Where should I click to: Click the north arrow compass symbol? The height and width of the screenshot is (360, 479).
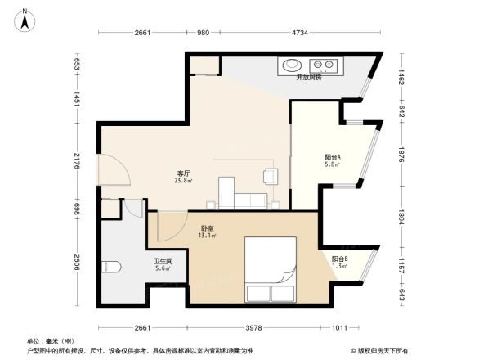26,19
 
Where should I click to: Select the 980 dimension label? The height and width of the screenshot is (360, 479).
204,33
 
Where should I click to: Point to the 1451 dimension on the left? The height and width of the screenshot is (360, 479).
77,98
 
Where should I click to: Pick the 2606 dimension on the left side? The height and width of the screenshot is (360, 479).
77,261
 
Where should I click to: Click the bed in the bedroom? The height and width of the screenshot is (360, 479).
271,270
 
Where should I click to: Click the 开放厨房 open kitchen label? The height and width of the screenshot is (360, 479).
309,78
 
